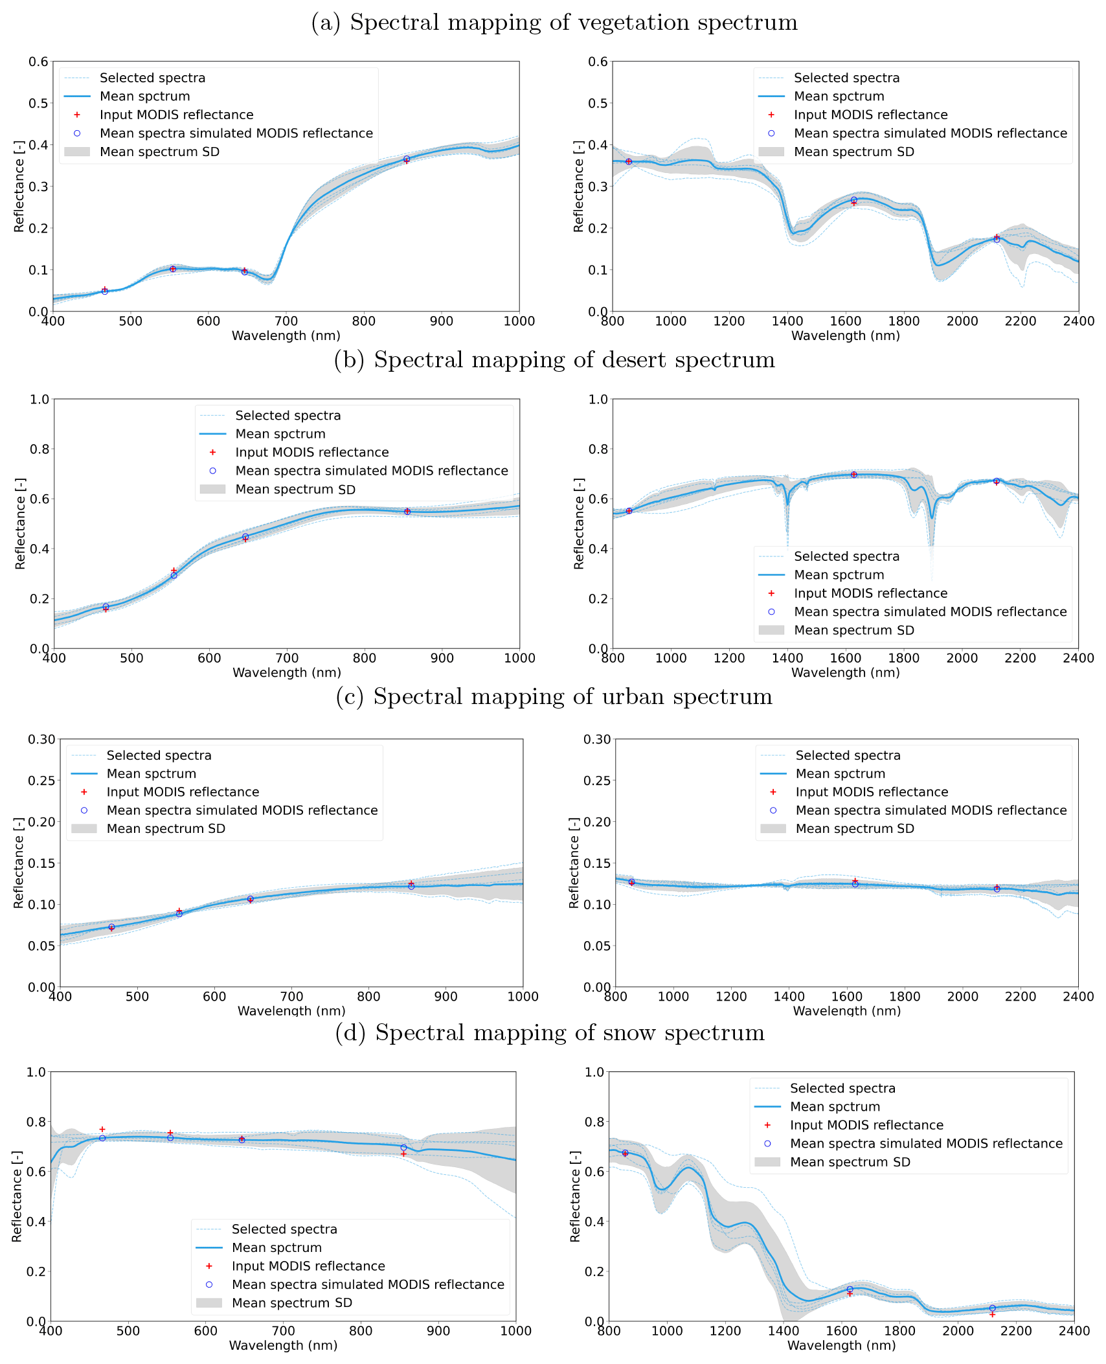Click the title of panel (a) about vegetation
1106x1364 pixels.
[554, 23]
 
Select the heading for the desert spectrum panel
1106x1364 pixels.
[554, 359]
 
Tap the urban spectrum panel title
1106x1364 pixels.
[554, 696]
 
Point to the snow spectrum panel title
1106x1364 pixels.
[550, 1032]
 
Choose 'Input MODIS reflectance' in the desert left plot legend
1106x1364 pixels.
[311, 452]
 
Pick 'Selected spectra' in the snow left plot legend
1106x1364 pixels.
[284, 1229]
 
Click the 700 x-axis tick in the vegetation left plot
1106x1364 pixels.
[286, 321]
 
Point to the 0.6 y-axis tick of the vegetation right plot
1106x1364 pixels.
[598, 62]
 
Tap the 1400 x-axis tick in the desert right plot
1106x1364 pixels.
[787, 658]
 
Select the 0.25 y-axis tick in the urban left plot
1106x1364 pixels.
[41, 780]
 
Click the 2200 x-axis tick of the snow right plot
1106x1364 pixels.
[1016, 1331]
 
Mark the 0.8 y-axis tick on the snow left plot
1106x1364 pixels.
[36, 1122]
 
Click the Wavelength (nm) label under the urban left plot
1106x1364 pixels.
[291, 1010]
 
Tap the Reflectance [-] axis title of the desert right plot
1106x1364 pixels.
[578, 523]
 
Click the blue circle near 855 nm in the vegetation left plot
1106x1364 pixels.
[407, 159]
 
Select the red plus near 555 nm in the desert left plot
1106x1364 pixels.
[174, 570]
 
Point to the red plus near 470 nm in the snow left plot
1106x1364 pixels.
[102, 1129]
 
